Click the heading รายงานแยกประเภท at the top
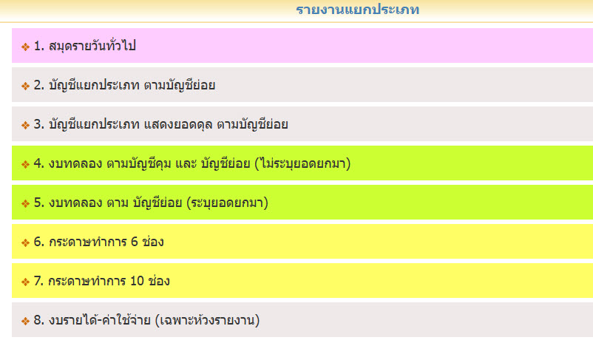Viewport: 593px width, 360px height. pos(357,10)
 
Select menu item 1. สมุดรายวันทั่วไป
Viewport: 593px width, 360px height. pos(85,46)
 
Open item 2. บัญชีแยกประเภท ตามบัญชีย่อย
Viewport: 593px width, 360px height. pos(124,85)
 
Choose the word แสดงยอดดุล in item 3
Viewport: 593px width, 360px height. pos(178,124)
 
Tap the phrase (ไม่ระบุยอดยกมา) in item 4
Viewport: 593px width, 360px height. pos(302,163)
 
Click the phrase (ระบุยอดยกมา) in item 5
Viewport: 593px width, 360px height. pos(227,203)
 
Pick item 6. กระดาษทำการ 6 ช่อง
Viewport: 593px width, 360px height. pos(98,242)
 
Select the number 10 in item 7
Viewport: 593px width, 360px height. pos(137,281)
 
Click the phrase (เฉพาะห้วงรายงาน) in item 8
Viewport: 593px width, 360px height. pos(207,320)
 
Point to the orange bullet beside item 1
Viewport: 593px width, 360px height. pos(25,47)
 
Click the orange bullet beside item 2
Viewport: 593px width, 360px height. pos(25,86)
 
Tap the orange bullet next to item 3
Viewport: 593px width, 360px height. pos(25,125)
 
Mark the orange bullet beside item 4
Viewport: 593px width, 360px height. pos(25,165)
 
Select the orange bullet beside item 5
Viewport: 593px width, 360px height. pos(25,204)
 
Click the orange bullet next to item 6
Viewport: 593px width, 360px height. pos(25,242)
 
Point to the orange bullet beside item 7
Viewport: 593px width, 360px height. pos(25,282)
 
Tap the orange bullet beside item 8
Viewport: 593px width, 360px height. pos(25,322)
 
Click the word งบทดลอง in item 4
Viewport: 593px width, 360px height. pos(75,163)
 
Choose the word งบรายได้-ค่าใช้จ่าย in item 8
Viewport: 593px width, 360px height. pos(100,320)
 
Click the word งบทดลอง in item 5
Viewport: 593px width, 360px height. pos(75,203)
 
